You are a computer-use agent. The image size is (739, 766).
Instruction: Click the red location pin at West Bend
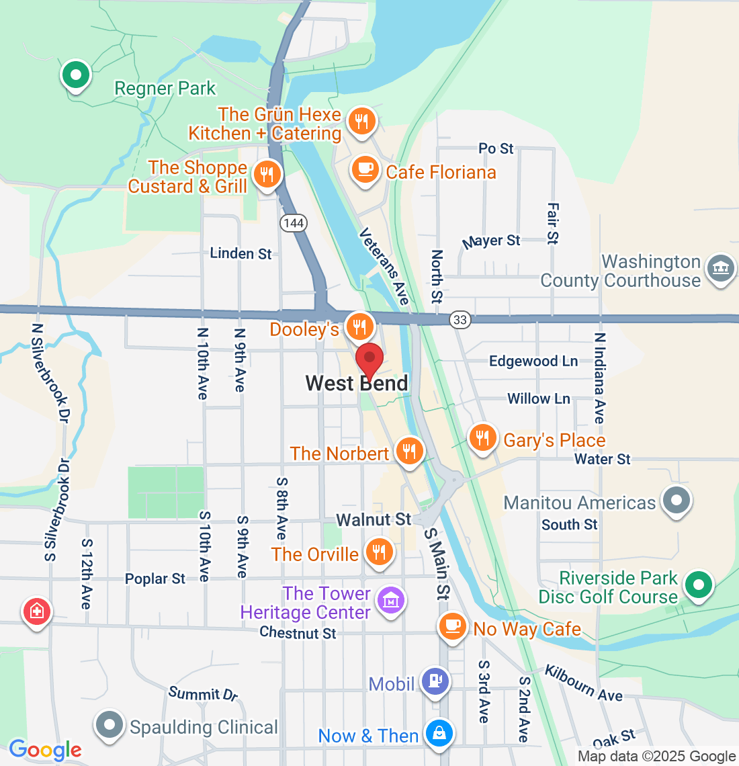[x=369, y=359]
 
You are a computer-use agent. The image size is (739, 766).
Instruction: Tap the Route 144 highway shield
[x=294, y=223]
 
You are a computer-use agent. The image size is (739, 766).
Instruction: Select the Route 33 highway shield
[x=460, y=320]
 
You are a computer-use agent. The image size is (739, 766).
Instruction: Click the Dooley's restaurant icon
[x=359, y=327]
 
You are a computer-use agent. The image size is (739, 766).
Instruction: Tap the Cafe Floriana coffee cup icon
[x=365, y=169]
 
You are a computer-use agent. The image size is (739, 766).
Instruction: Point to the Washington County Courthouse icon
[x=720, y=270]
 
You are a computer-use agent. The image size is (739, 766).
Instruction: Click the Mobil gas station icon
[x=435, y=681]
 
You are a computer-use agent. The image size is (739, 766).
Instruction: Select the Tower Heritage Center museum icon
[x=390, y=599]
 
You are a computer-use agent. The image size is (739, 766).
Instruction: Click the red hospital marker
[x=36, y=611]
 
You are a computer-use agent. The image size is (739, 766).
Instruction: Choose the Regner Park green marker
[x=76, y=75]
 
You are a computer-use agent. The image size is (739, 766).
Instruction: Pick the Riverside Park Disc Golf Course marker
[x=699, y=585]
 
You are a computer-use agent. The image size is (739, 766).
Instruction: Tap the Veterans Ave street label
[x=384, y=266]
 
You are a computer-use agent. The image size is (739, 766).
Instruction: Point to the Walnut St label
[x=374, y=519]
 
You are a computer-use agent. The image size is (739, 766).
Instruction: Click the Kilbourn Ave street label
[x=583, y=684]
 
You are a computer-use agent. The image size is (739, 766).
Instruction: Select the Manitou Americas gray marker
[x=676, y=500]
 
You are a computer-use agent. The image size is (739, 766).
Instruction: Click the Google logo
[x=46, y=750]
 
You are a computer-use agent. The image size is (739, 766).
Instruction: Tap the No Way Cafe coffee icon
[x=453, y=626]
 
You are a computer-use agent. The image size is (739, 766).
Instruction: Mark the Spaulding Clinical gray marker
[x=110, y=725]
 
